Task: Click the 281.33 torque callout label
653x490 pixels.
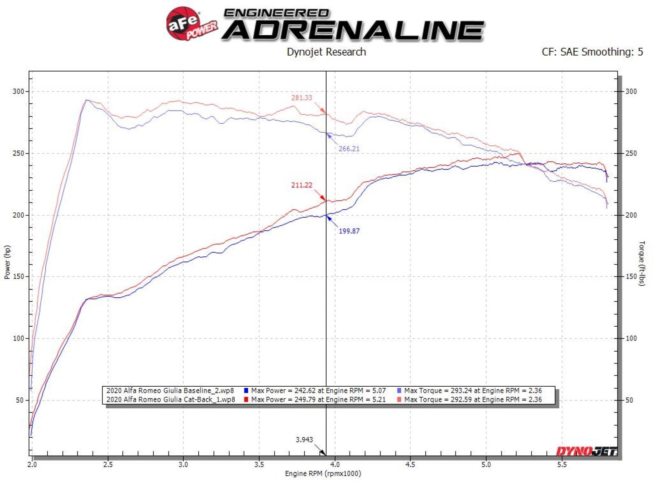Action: point(302,98)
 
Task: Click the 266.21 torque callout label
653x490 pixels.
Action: point(349,149)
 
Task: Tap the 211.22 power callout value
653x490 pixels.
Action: point(302,185)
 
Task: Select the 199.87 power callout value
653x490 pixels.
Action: point(349,231)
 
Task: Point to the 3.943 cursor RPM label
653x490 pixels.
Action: point(304,440)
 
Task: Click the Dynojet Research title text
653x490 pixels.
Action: point(326,52)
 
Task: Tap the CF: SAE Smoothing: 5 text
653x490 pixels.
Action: point(592,52)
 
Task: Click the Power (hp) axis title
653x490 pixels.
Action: point(7,262)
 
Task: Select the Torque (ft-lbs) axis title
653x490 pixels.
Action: point(642,263)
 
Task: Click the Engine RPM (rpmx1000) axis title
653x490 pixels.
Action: point(323,474)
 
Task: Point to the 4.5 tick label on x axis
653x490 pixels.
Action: point(411,464)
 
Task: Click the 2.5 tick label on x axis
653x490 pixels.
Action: point(108,464)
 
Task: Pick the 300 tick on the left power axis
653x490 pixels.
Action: point(18,91)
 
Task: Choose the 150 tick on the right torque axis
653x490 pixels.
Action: point(631,276)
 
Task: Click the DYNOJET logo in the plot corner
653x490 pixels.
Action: point(586,451)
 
